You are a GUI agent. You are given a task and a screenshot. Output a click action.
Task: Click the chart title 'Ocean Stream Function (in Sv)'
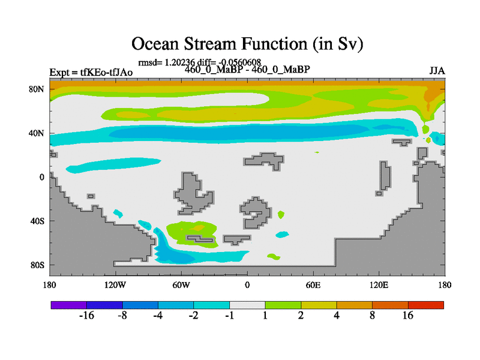pyautogui.click(x=247, y=44)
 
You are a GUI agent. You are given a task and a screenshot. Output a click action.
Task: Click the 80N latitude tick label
pyautogui.click(x=37, y=89)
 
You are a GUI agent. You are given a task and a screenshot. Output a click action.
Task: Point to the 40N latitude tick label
pyautogui.click(x=37, y=133)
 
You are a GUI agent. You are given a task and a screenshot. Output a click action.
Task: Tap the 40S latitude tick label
pyautogui.click(x=37, y=221)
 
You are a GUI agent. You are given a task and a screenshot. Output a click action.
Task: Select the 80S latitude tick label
pyautogui.click(x=37, y=265)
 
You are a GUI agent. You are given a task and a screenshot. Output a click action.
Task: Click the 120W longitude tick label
pyautogui.click(x=115, y=285)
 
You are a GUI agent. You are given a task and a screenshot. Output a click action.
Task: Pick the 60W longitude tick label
pyautogui.click(x=181, y=285)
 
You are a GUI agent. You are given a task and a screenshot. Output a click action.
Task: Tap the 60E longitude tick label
pyautogui.click(x=313, y=285)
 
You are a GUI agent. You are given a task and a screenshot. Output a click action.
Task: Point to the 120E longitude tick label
pyautogui.click(x=379, y=285)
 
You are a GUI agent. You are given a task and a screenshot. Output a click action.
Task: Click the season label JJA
pyautogui.click(x=437, y=71)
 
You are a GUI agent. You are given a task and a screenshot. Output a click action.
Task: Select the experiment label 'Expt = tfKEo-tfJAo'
pyautogui.click(x=91, y=72)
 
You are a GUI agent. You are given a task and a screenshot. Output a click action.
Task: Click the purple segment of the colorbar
pyautogui.click(x=69, y=305)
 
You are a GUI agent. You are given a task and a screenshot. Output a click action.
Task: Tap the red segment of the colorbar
pyautogui.click(x=426, y=305)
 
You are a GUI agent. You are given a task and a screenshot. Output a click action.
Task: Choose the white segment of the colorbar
pyautogui.click(x=247, y=305)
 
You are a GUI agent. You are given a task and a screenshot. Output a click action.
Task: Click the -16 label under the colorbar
pyautogui.click(x=86, y=316)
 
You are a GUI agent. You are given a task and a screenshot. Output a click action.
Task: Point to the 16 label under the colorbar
pyautogui.click(x=408, y=316)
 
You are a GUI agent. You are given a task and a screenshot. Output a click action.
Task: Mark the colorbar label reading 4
pyautogui.click(x=337, y=316)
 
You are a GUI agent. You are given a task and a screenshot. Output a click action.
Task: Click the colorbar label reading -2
pyautogui.click(x=193, y=316)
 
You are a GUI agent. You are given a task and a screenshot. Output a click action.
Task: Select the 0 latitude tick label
pyautogui.click(x=41, y=177)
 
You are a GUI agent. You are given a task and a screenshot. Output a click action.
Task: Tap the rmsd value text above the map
pyautogui.click(x=166, y=62)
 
